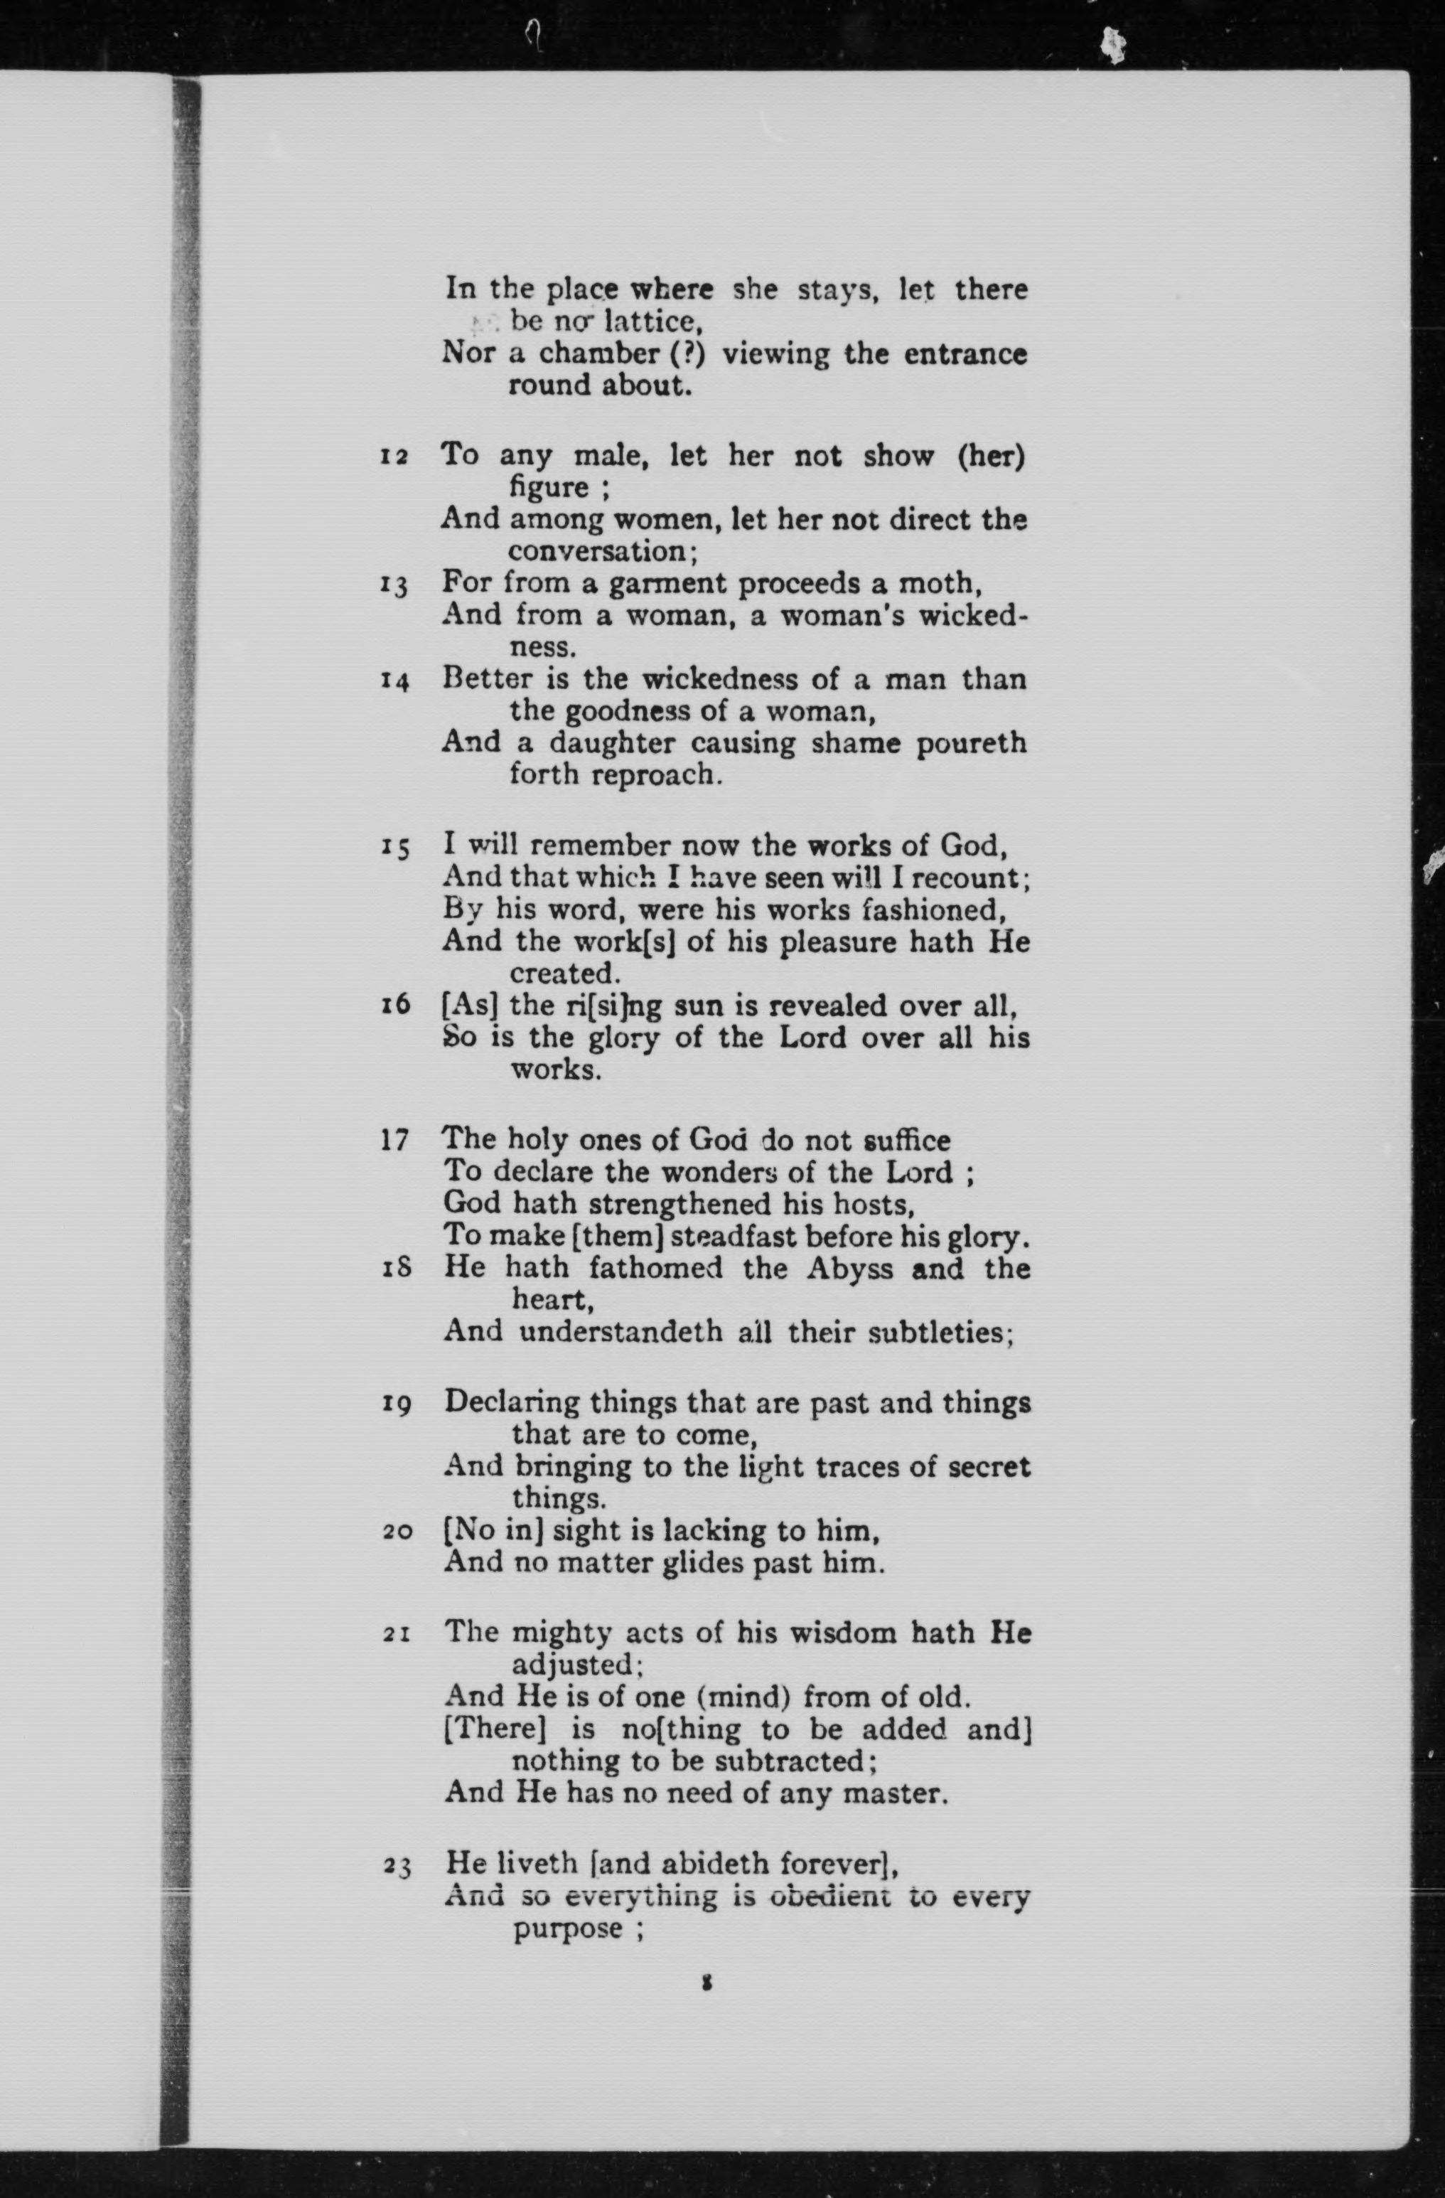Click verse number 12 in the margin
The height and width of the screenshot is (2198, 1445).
[x=394, y=457]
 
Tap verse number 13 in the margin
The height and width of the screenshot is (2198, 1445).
[x=394, y=585]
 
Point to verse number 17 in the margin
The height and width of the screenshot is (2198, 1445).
[x=394, y=1141]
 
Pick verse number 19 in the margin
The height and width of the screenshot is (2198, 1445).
[x=396, y=1406]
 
